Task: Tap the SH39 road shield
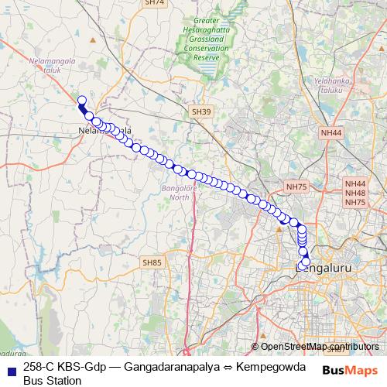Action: [201, 112]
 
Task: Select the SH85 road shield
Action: [152, 263]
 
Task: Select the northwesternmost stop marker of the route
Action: [81, 99]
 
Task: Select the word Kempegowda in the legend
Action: [271, 366]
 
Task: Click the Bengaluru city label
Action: [329, 269]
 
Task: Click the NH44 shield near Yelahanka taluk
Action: [330, 133]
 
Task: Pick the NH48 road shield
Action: [355, 193]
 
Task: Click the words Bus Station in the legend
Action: [52, 380]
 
